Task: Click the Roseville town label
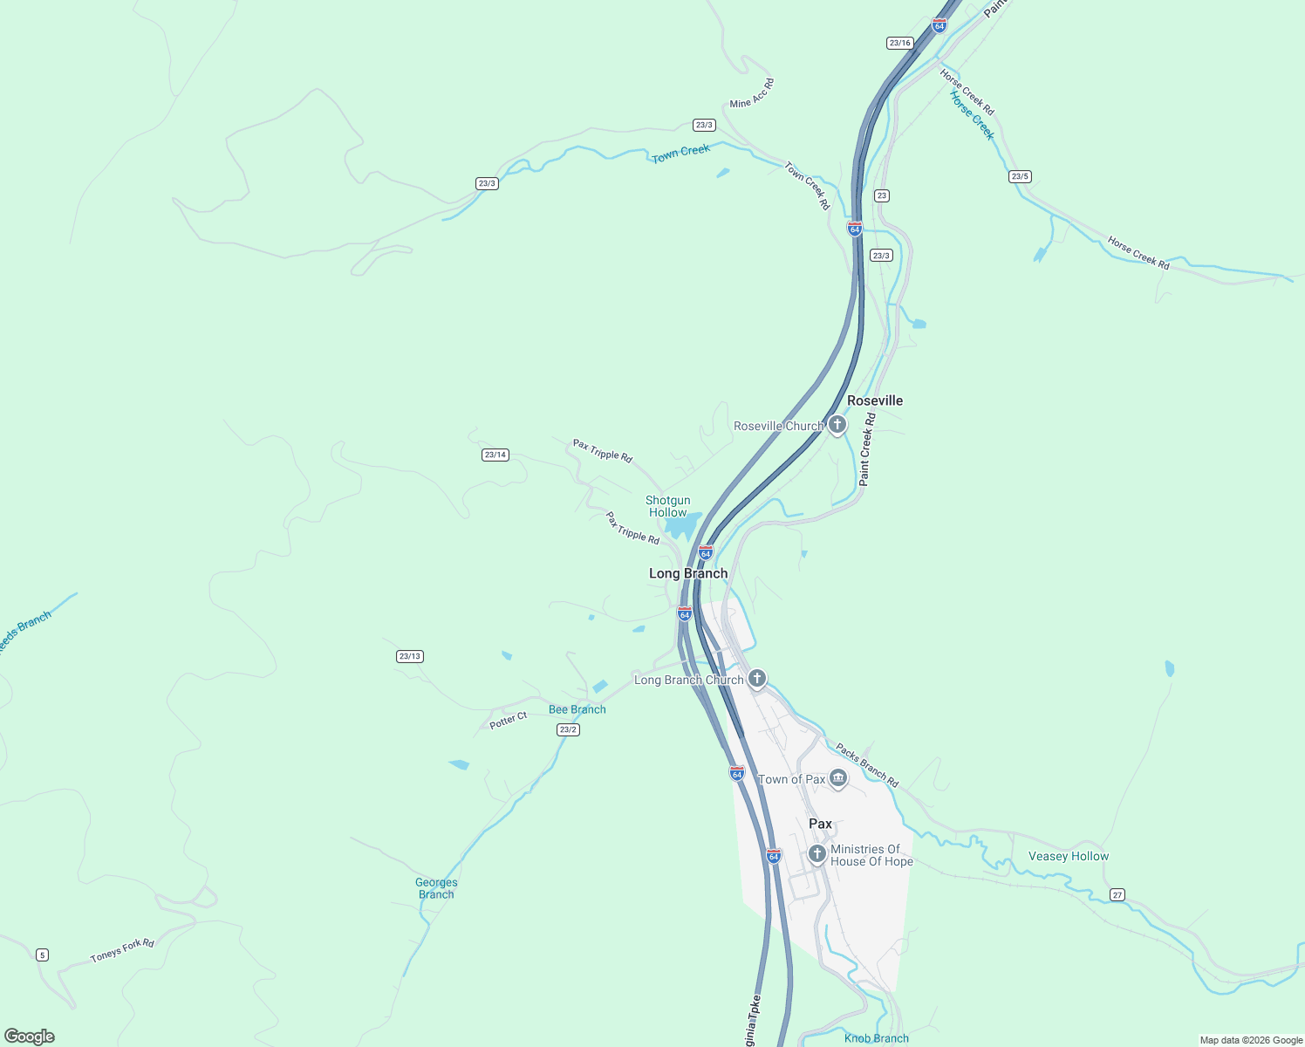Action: [875, 400]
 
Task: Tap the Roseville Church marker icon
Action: [837, 425]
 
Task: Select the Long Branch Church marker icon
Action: [757, 678]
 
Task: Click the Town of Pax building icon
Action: [838, 778]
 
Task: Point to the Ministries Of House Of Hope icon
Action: [817, 854]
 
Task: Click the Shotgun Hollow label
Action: [668, 506]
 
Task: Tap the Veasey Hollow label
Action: [1069, 856]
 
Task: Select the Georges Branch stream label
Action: [436, 888]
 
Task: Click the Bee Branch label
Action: [577, 709]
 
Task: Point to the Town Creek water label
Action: [681, 154]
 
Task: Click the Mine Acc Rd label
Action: [752, 93]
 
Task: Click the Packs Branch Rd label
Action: [867, 765]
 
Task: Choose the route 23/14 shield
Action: [495, 455]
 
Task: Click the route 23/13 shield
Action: [410, 656]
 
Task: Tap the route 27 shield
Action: [1117, 895]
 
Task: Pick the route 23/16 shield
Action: [899, 43]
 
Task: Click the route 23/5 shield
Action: [1020, 176]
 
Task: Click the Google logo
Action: [30, 1037]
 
